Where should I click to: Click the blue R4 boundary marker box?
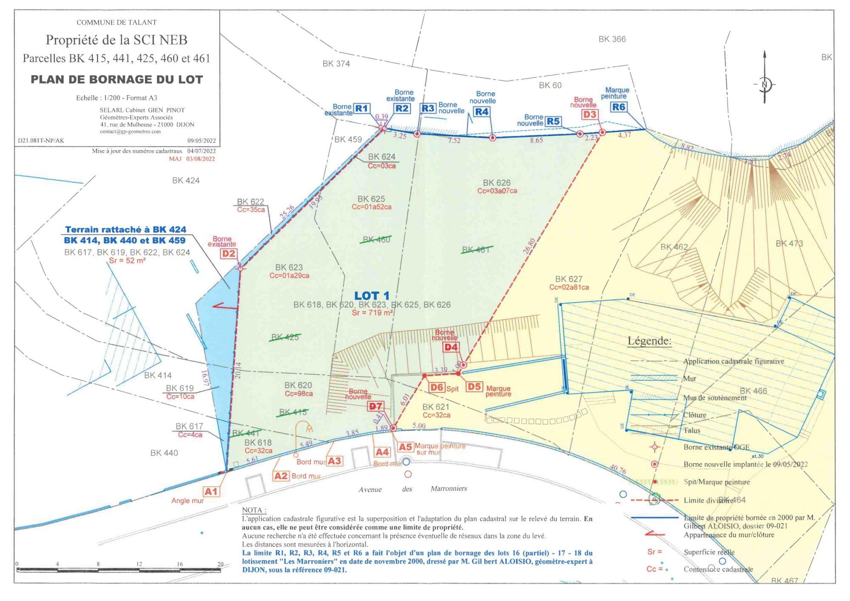(x=481, y=112)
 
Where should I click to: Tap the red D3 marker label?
(x=589, y=114)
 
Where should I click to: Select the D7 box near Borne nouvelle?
(x=375, y=406)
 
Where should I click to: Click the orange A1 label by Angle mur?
(x=211, y=492)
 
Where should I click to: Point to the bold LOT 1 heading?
(x=372, y=296)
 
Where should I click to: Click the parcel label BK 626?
(x=496, y=183)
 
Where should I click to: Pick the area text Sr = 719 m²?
(x=372, y=313)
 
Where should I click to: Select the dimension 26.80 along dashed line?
(x=529, y=246)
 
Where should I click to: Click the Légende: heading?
(x=649, y=341)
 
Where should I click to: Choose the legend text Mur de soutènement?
(x=714, y=398)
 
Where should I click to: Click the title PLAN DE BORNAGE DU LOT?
(x=117, y=79)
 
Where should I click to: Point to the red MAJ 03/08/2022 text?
(x=192, y=159)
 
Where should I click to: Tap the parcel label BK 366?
(x=612, y=39)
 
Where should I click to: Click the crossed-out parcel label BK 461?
(x=476, y=250)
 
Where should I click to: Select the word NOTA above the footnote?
(x=253, y=510)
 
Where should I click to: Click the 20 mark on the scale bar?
(x=220, y=564)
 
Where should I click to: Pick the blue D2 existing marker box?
(x=229, y=254)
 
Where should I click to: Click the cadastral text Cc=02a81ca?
(x=569, y=287)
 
